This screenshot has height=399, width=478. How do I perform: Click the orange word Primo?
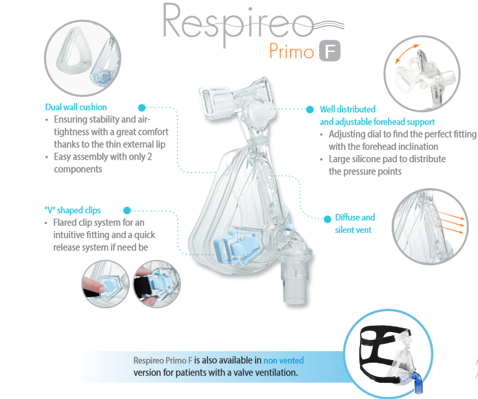point(291,51)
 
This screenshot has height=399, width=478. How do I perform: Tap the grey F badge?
point(330,51)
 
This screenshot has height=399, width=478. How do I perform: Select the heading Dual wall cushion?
point(76,107)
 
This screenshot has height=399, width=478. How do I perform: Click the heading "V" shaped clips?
point(73,210)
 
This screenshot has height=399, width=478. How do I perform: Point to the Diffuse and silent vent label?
point(355,224)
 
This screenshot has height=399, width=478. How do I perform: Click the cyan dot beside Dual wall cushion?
point(142,108)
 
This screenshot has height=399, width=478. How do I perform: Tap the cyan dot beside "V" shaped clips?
point(127,210)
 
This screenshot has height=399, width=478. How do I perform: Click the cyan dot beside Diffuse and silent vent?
point(328,219)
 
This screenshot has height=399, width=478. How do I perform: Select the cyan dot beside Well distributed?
point(310,110)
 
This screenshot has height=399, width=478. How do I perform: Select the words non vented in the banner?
point(283,361)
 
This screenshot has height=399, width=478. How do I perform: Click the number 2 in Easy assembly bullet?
point(149,157)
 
